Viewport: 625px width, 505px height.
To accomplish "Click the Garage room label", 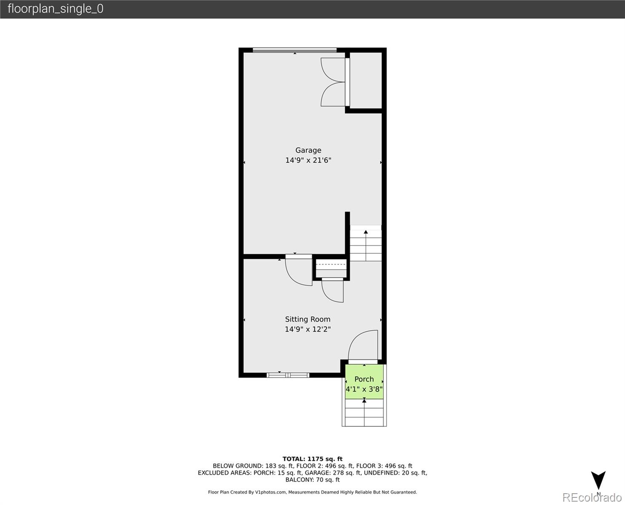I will [x=308, y=150].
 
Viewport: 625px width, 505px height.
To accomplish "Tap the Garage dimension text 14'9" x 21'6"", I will [x=308, y=160].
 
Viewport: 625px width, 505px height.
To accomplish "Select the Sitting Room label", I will [x=307, y=319].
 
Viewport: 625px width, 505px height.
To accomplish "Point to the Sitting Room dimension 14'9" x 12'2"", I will [x=307, y=330].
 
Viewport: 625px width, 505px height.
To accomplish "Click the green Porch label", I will [x=364, y=379].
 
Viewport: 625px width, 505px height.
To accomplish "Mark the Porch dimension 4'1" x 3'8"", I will [x=364, y=389].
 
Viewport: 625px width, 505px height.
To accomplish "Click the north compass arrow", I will [x=598, y=481].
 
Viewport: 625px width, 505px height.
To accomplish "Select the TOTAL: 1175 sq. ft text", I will [x=312, y=459].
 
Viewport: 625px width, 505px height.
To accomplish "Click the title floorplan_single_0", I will [x=55, y=9].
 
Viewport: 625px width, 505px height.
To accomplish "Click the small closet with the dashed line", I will [x=331, y=268].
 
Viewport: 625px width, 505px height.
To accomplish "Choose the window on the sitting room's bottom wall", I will [x=288, y=375].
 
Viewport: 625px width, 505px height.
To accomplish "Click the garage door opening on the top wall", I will [x=295, y=50].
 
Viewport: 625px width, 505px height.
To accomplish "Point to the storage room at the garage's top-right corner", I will [x=366, y=80].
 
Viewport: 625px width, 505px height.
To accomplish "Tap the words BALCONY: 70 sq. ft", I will [x=312, y=480].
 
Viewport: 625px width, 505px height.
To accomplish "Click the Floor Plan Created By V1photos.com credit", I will [x=312, y=492].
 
